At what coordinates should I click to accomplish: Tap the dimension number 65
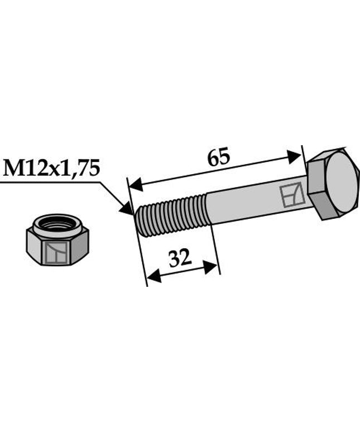(x=218, y=157)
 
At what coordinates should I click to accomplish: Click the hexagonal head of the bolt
(x=333, y=184)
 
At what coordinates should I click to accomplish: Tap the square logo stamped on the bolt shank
(x=292, y=196)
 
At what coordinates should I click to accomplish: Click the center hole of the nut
(x=57, y=225)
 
